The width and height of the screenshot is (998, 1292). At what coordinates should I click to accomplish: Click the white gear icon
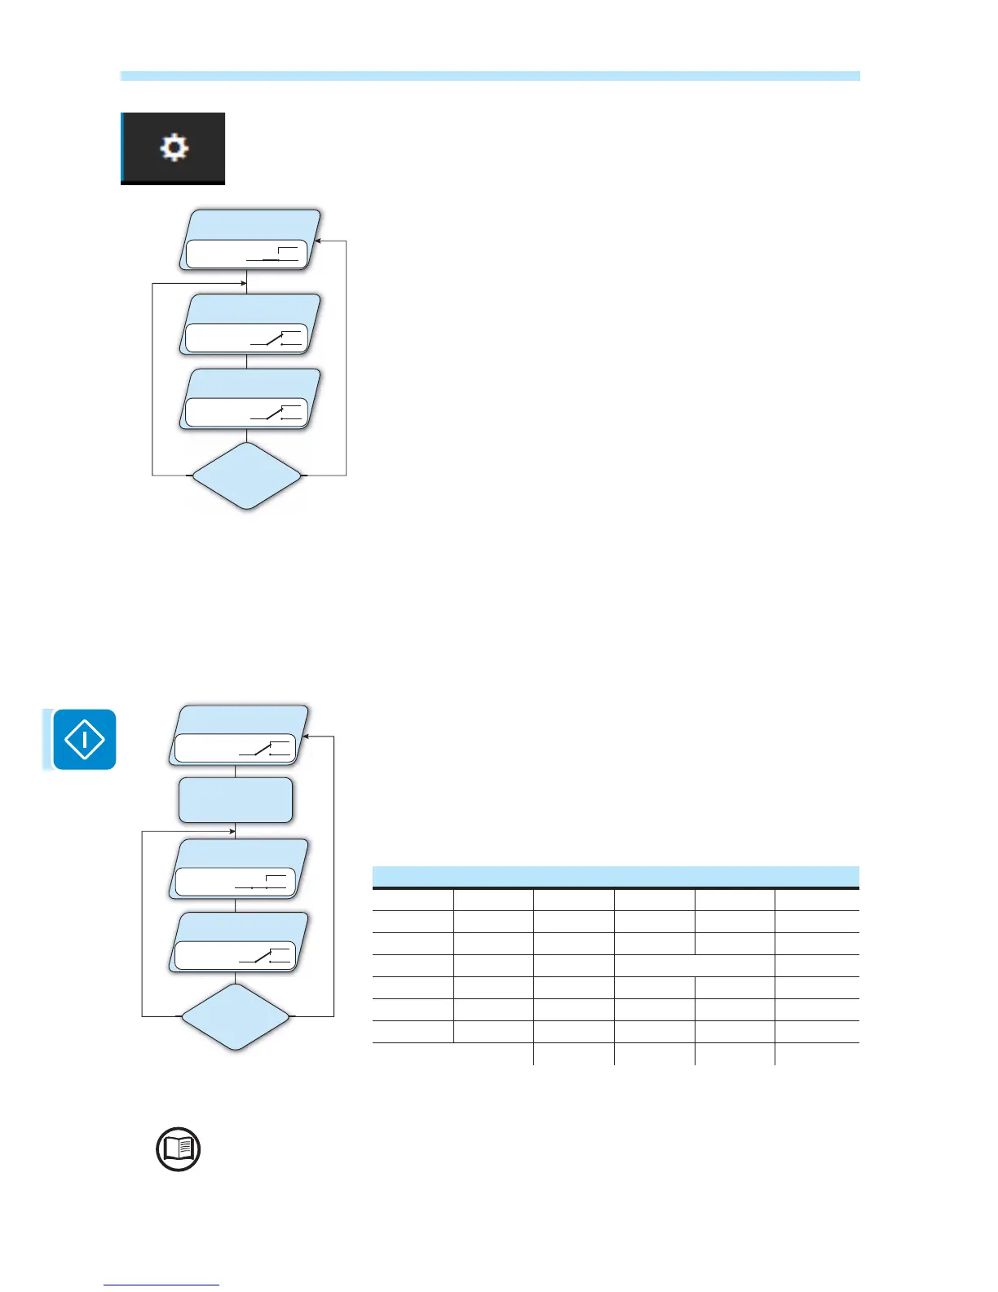click(x=174, y=148)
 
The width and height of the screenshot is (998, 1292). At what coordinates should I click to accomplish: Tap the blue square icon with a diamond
click(x=84, y=739)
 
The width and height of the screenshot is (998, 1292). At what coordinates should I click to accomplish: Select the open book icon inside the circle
click(x=178, y=1149)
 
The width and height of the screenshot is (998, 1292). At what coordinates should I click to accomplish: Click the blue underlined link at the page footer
click(x=161, y=1285)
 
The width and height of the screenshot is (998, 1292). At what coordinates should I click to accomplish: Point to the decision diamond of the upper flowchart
click(x=246, y=476)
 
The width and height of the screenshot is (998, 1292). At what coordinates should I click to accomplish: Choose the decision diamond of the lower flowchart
click(x=235, y=1016)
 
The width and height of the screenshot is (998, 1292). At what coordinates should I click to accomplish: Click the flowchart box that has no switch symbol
click(x=235, y=799)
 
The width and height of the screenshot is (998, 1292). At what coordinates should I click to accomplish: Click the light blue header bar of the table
click(x=615, y=876)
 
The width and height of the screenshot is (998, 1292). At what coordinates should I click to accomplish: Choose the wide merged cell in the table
click(x=694, y=965)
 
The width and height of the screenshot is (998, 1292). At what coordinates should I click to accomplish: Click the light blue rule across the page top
click(x=489, y=76)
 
